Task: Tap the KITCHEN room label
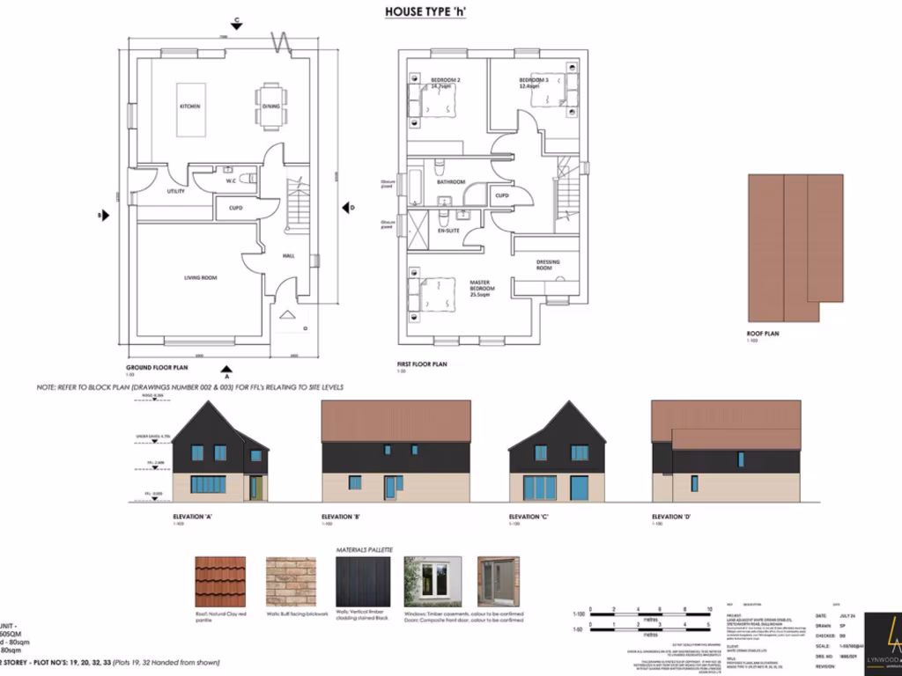(189, 107)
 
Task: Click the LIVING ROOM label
(200, 278)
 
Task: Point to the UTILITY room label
(175, 191)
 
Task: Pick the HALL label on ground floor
(288, 256)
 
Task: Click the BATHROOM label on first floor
(451, 182)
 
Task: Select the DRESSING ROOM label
(548, 264)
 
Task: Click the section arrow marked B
(105, 215)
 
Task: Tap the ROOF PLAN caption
(763, 334)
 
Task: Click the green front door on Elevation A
(255, 488)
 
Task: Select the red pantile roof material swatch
(219, 582)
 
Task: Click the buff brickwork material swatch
(290, 582)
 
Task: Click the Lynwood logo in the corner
(884, 638)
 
